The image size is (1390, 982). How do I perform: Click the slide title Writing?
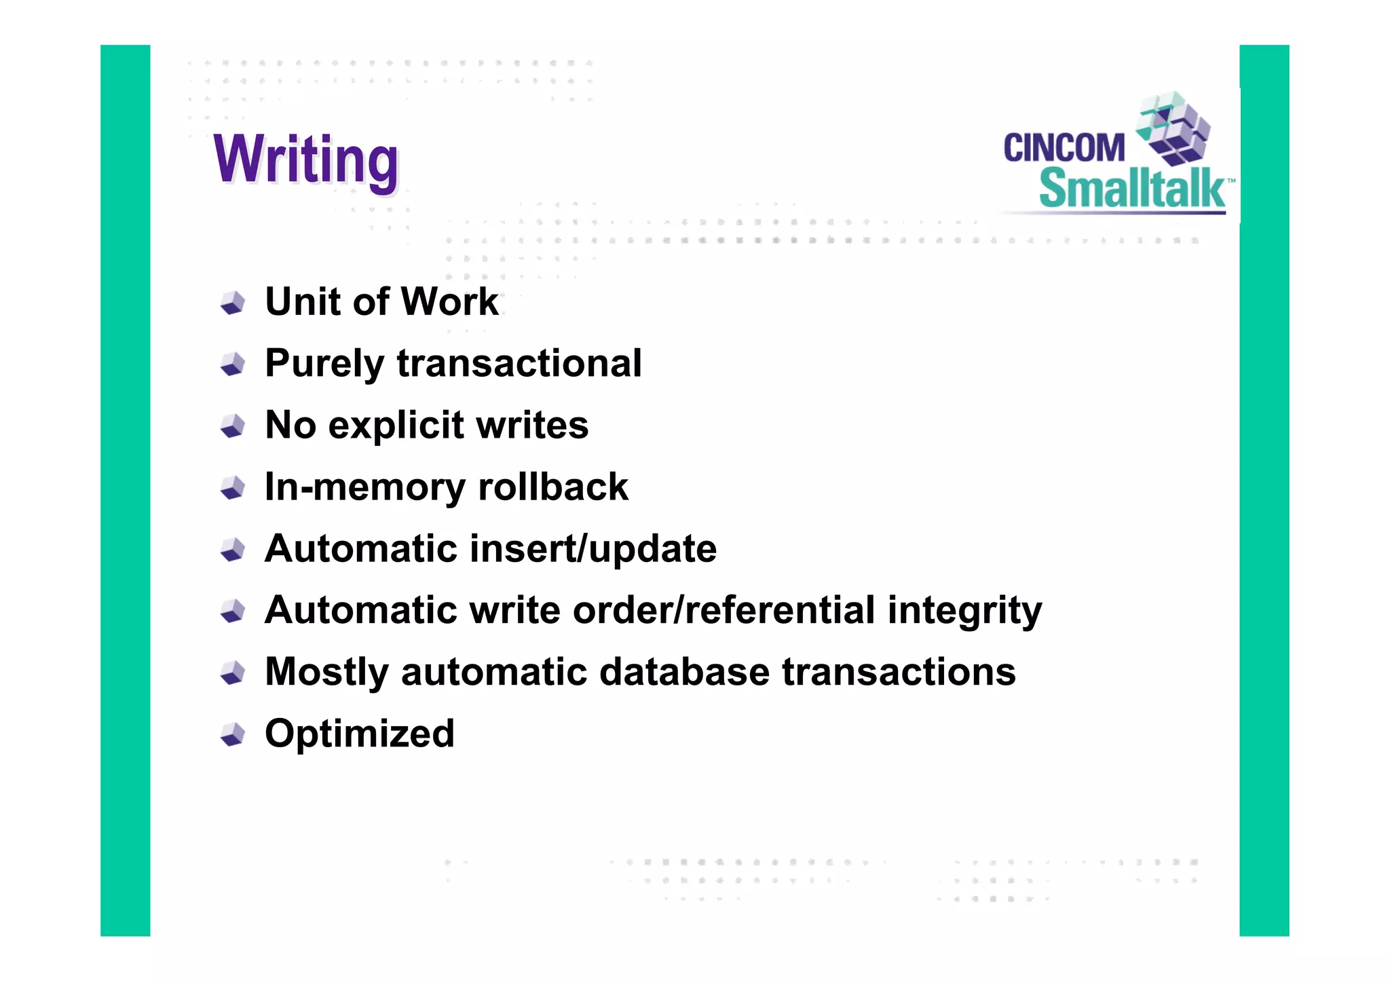(x=305, y=159)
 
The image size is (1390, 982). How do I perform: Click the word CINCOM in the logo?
(x=1064, y=148)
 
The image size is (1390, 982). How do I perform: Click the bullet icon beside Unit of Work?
(x=233, y=303)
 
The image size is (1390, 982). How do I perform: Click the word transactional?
(x=519, y=363)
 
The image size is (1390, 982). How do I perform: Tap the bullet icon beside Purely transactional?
(x=233, y=364)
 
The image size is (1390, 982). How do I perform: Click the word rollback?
(x=553, y=487)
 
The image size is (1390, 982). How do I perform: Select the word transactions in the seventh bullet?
(x=899, y=671)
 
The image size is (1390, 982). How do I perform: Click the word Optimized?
(x=360, y=734)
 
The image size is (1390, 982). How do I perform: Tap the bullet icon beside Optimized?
(x=233, y=734)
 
